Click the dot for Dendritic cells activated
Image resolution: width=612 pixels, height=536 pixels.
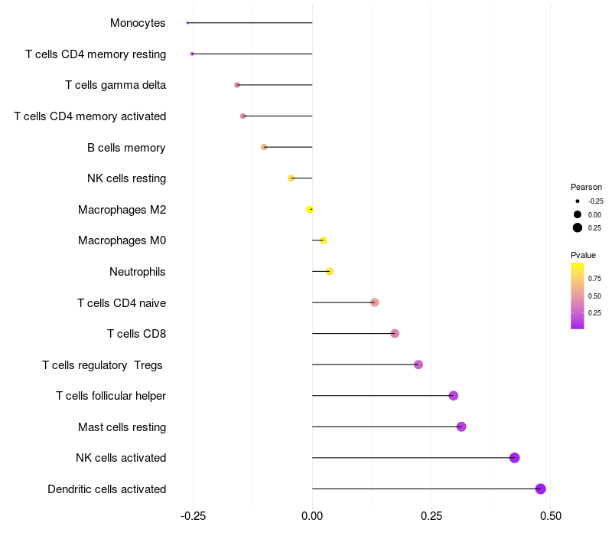click(x=541, y=489)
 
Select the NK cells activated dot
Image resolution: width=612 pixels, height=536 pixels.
click(x=515, y=458)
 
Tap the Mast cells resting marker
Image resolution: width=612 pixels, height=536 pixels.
click(x=461, y=427)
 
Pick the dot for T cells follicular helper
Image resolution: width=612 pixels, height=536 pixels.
click(x=454, y=396)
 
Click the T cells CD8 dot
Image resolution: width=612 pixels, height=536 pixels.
click(x=395, y=333)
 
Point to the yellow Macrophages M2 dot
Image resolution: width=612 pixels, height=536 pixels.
click(x=310, y=209)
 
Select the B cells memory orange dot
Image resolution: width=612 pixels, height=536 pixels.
click(x=264, y=147)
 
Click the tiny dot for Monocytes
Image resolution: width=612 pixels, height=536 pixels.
click(x=187, y=23)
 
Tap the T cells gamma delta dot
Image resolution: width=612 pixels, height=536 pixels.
click(x=237, y=85)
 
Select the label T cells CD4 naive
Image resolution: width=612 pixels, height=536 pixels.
click(x=122, y=302)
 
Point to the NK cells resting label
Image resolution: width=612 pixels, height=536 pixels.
click(x=126, y=178)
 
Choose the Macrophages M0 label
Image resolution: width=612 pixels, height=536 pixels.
click(x=122, y=240)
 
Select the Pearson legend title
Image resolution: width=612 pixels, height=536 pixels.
click(x=586, y=187)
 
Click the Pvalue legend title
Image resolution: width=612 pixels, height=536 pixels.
click(x=583, y=255)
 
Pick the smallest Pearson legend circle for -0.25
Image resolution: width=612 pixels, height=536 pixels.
click(x=578, y=201)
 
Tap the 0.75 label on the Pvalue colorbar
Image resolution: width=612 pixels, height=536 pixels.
click(x=594, y=278)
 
